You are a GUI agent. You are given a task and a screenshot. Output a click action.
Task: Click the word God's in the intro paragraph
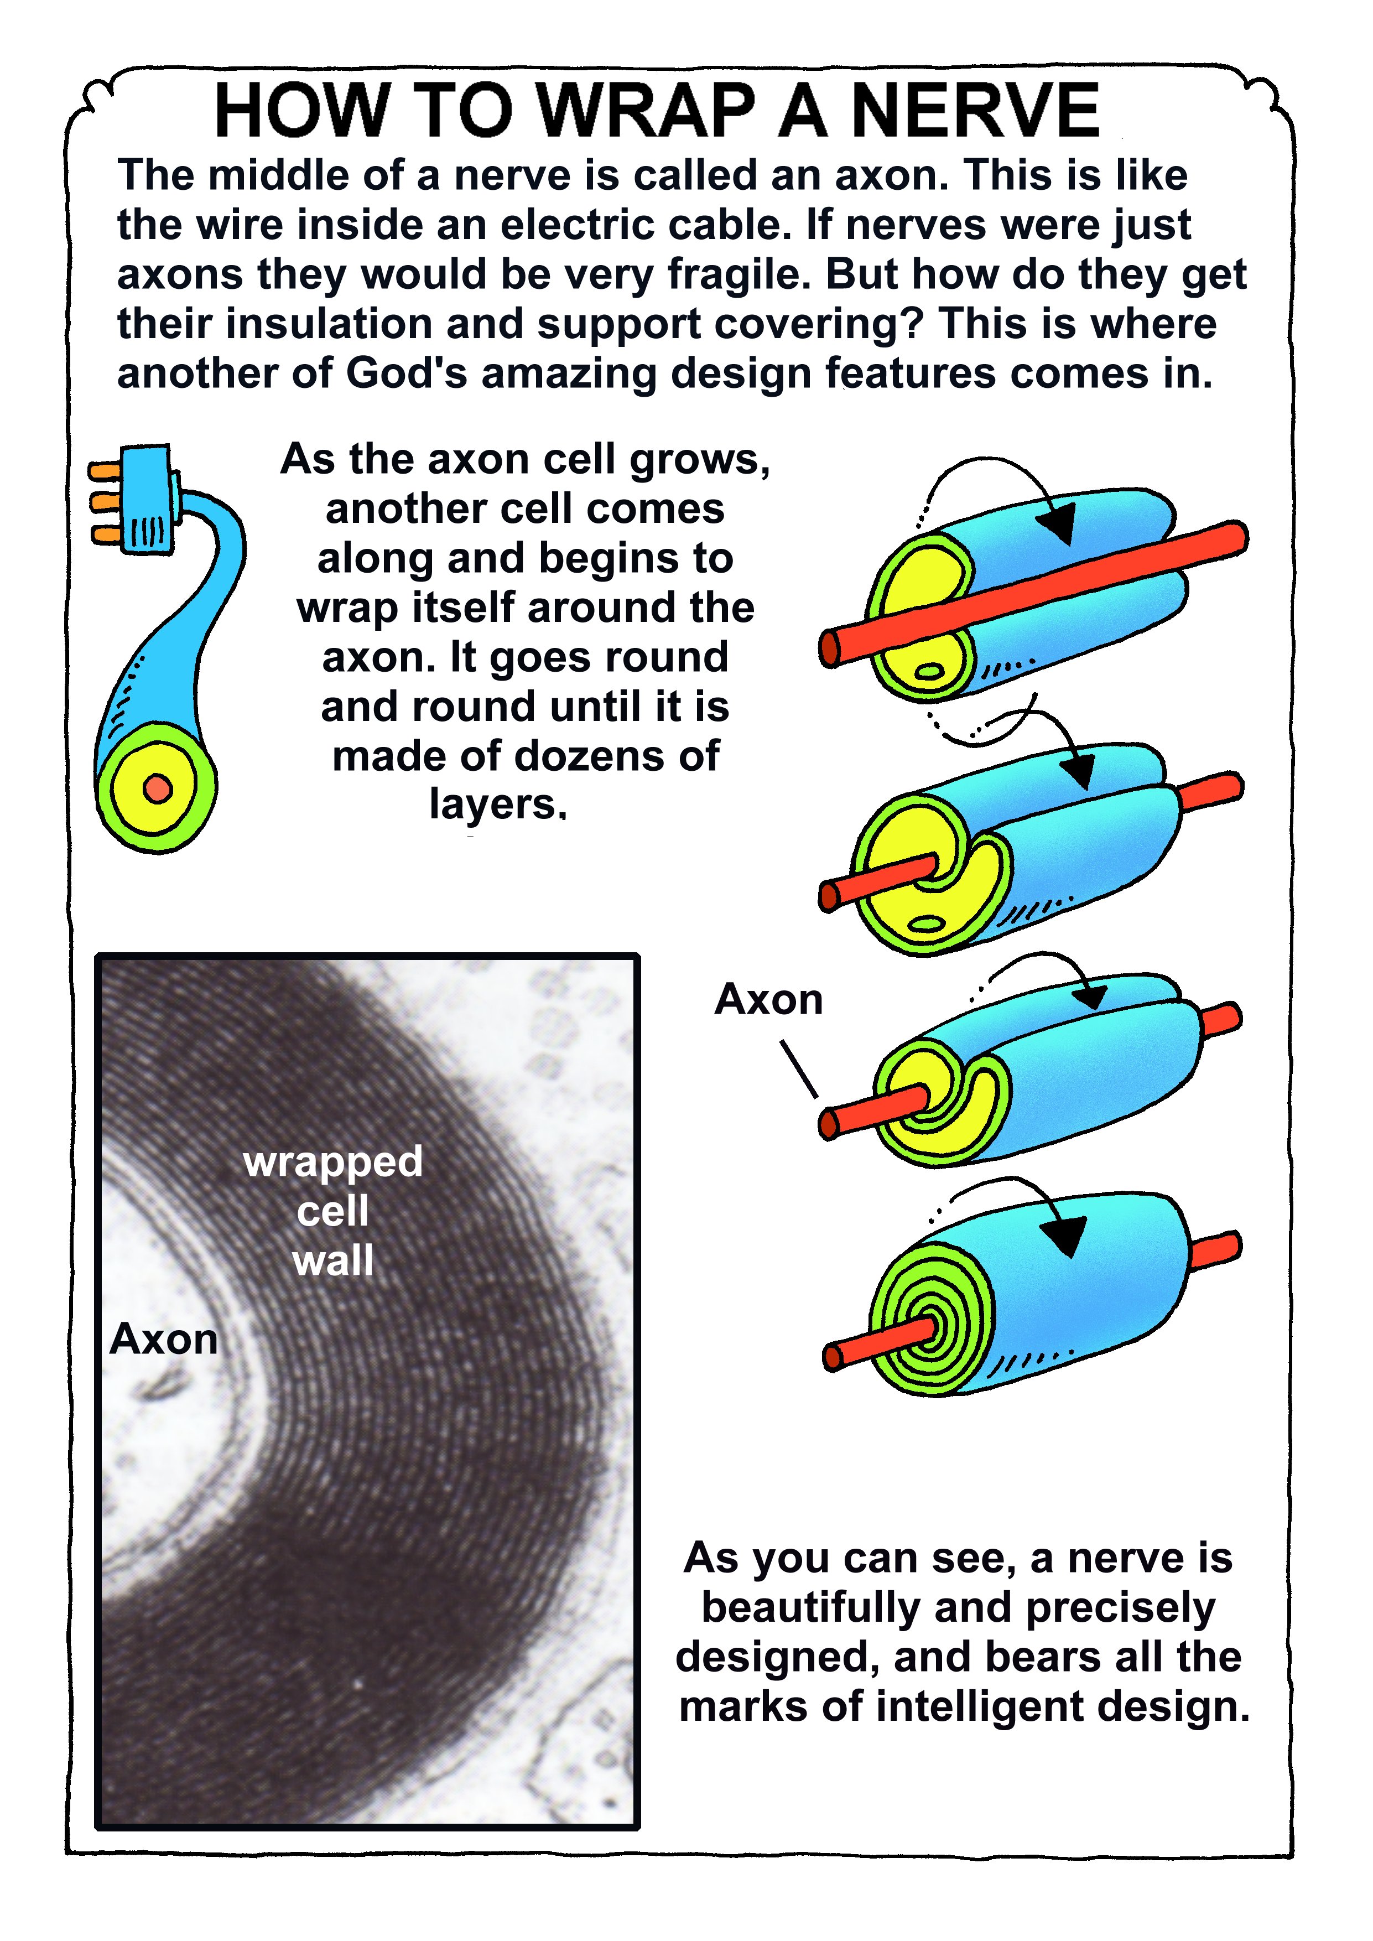pos(407,373)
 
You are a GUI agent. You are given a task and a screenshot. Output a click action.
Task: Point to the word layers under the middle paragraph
pos(496,804)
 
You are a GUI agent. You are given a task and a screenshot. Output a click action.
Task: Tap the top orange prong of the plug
pos(105,470)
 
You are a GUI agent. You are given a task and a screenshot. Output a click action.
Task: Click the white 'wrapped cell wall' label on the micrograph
pos(333,1211)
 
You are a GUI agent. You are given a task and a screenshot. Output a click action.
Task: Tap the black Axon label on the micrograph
pos(164,1339)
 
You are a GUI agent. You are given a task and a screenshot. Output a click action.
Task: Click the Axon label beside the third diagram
pos(768,999)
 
